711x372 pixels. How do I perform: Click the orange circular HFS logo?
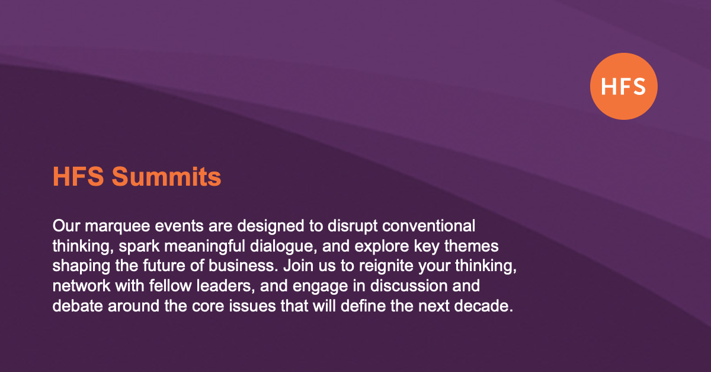point(623,86)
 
